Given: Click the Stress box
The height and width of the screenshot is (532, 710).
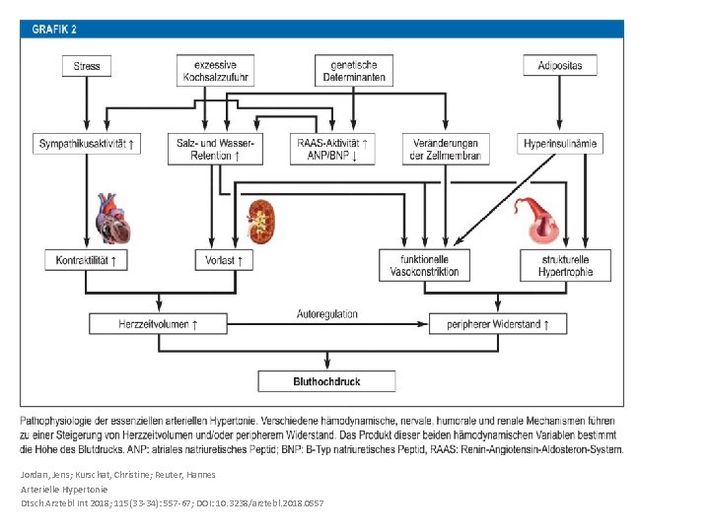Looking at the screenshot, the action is click(87, 66).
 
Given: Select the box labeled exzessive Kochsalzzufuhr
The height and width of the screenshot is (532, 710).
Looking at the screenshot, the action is click(216, 71).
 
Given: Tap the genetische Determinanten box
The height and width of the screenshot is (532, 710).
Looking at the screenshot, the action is click(354, 71).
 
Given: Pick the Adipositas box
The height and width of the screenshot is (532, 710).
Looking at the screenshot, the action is click(560, 66).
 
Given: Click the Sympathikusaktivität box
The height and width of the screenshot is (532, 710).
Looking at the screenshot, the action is click(87, 144).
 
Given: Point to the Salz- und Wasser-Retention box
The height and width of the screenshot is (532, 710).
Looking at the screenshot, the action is click(216, 150).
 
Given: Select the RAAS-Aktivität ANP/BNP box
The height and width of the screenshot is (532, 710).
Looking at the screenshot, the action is click(332, 150).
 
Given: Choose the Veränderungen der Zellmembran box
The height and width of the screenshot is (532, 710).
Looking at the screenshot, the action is click(446, 150).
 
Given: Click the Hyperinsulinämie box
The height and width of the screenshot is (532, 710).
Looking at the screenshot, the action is click(560, 144).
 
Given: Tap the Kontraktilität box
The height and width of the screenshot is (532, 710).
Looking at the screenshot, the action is click(86, 260).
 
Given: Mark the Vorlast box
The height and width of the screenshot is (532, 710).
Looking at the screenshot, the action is click(224, 260).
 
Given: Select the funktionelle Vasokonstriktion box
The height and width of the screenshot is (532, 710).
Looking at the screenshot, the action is click(424, 266).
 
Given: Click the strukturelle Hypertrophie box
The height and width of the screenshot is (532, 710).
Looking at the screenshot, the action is click(566, 266).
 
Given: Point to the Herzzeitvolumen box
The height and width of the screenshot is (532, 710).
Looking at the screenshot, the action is click(158, 324).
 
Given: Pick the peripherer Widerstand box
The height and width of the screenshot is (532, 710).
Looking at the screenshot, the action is click(498, 324).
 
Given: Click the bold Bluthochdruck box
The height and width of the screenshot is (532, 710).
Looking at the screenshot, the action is click(326, 381).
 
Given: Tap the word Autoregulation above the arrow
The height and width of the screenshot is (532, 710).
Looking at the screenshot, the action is click(327, 314).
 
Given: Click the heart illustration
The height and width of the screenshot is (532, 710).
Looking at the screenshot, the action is click(113, 219).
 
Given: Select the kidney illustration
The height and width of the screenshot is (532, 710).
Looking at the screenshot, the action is click(261, 222).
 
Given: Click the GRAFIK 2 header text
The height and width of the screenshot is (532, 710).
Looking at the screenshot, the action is click(54, 30).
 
